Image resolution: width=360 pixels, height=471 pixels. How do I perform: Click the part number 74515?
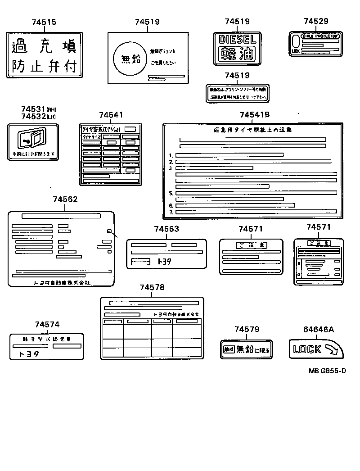pyautogui.click(x=44, y=22)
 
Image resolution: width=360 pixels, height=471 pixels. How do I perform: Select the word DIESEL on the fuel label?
pyautogui.click(x=238, y=40)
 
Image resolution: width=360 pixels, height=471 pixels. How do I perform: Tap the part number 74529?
pyautogui.click(x=316, y=21)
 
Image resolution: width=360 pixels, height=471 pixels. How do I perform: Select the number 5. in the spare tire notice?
pyautogui.click(x=171, y=193)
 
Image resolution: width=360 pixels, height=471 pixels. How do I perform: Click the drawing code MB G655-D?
pyautogui.click(x=327, y=371)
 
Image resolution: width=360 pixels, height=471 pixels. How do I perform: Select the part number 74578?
pyautogui.click(x=152, y=287)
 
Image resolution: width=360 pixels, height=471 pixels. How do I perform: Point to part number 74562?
pyautogui.click(x=65, y=199)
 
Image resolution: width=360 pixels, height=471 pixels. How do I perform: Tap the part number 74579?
pyautogui.click(x=247, y=330)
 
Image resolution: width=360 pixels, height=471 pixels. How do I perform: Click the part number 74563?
pyautogui.click(x=166, y=229)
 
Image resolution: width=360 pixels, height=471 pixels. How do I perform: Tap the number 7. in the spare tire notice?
pyautogui.click(x=171, y=212)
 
